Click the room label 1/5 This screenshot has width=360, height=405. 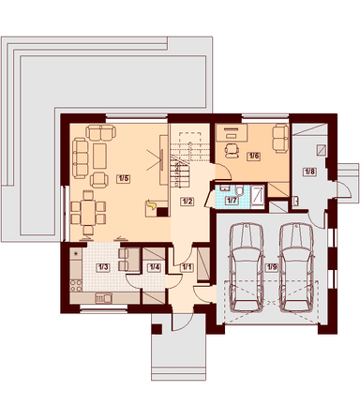[123, 178]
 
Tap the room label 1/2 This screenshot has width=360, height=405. [187, 202]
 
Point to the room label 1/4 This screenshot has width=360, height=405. [154, 267]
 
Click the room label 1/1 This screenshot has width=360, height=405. [187, 267]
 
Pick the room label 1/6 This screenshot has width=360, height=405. [254, 156]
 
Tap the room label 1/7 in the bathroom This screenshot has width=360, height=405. [232, 201]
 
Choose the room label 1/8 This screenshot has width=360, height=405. [309, 172]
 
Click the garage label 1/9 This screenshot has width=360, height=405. [271, 267]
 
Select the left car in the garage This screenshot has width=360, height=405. [246, 267]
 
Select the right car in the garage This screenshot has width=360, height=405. [296, 267]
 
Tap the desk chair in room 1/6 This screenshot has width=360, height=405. [232, 150]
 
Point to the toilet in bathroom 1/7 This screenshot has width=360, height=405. [240, 190]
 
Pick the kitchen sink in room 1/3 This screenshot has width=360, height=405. [103, 298]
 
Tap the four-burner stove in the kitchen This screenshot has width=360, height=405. [75, 285]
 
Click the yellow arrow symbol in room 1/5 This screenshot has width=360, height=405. [151, 204]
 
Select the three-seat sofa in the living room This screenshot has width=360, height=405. [80, 158]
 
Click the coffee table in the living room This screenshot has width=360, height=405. [100, 156]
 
